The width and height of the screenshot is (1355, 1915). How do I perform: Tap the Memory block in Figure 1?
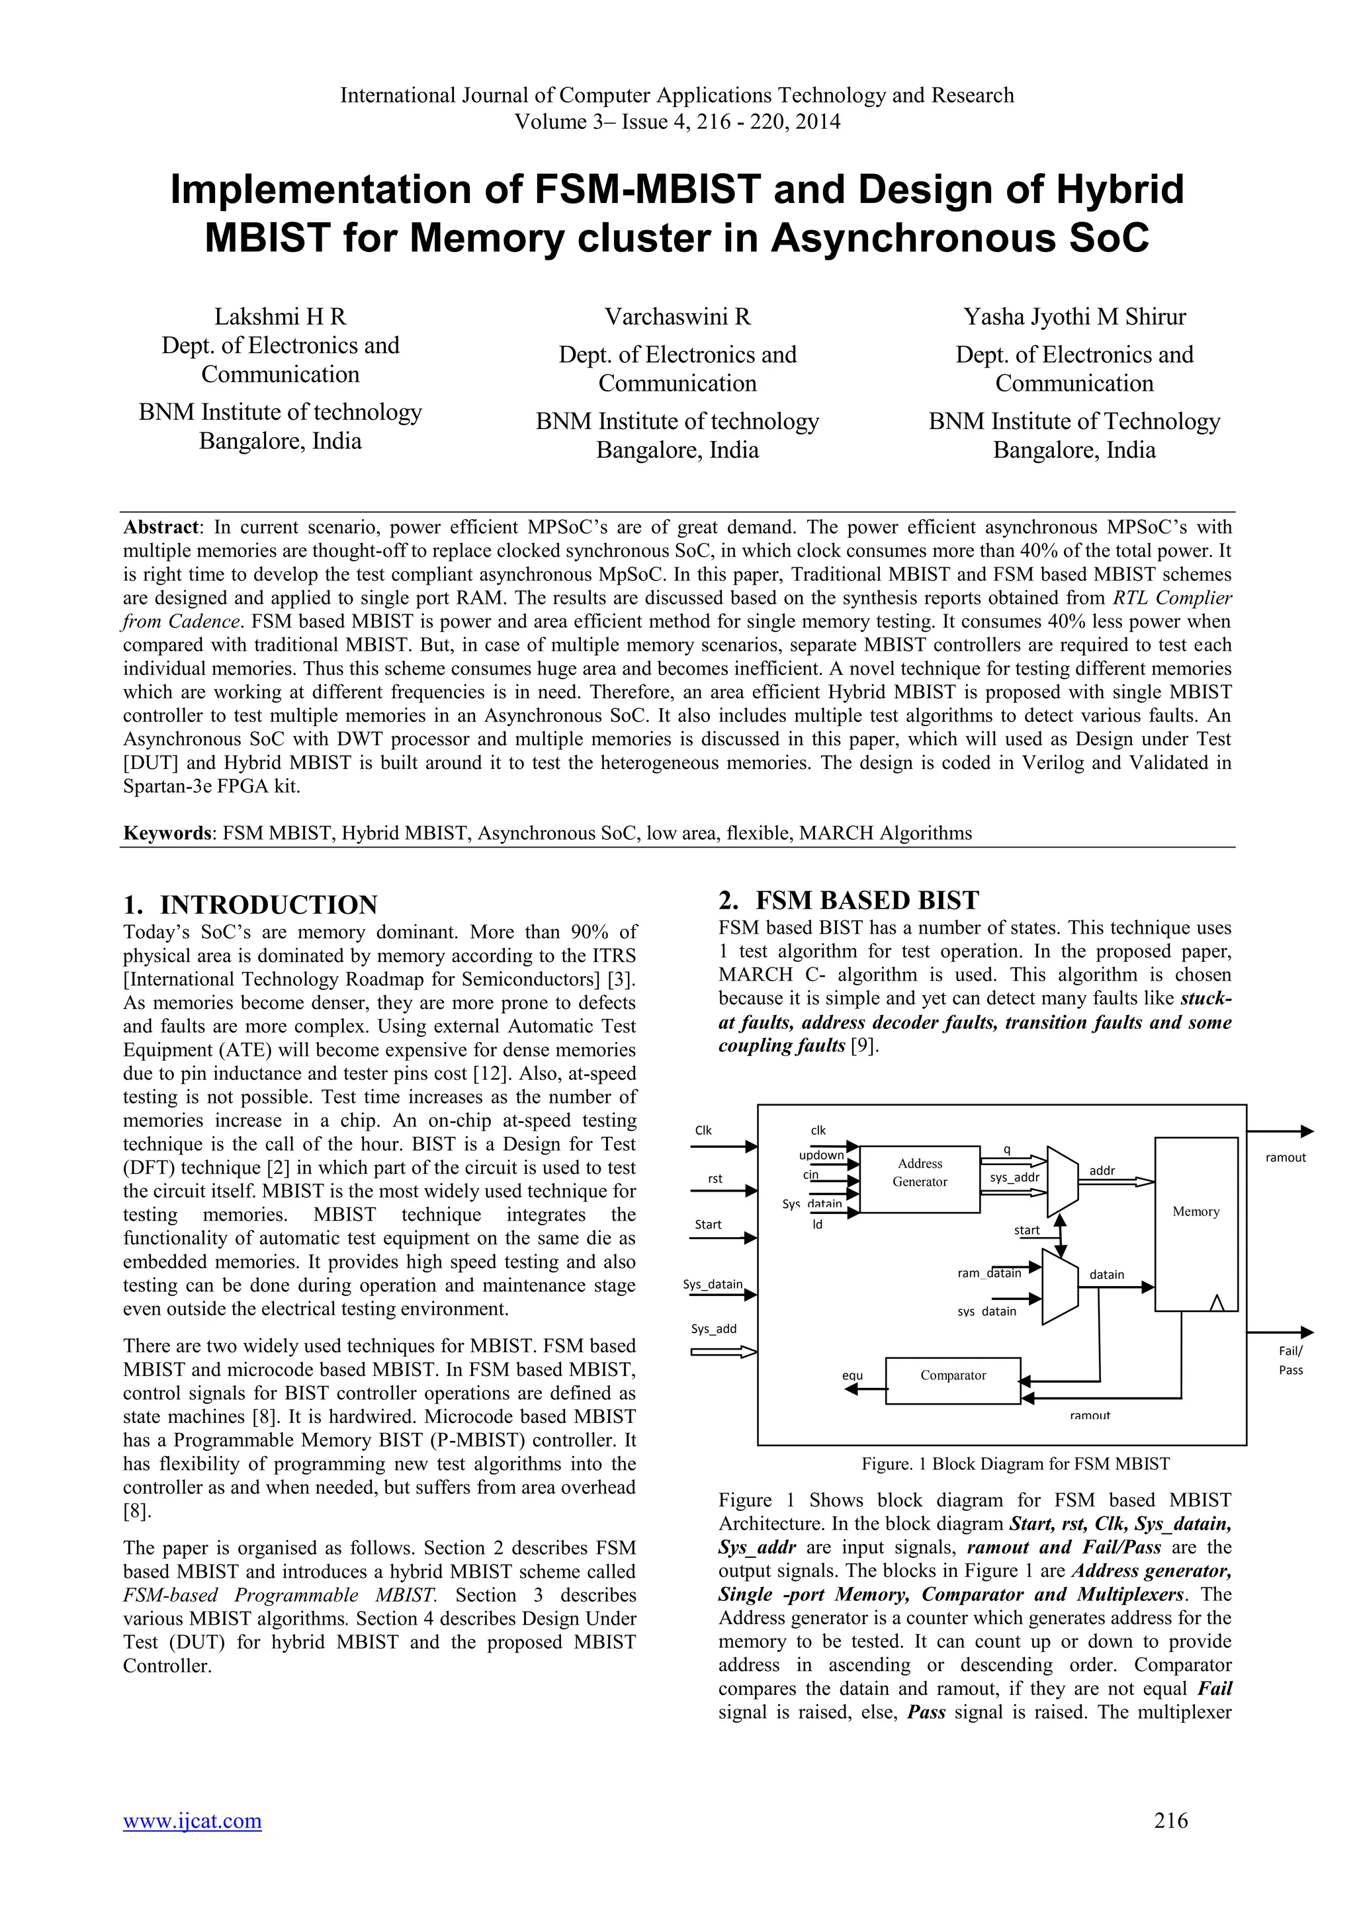(1196, 1223)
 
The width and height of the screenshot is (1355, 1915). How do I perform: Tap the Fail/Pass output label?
(1290, 1360)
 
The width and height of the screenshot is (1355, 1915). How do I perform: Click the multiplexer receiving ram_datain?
(1060, 1286)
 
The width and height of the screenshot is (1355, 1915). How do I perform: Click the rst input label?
(715, 1178)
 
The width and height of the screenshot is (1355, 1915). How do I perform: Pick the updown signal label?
(821, 1155)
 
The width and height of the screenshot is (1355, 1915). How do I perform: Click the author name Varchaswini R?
(677, 317)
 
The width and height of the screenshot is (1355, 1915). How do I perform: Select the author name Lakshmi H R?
(281, 317)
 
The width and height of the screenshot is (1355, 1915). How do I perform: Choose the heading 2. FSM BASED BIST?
(849, 900)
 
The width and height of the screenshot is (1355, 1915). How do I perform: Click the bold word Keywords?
(166, 833)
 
